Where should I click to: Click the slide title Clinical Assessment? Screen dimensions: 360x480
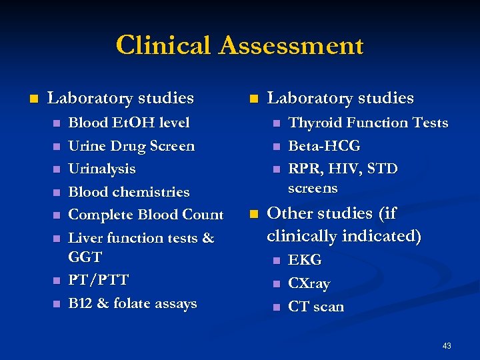pyautogui.click(x=239, y=46)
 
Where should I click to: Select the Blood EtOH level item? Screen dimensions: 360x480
pyautogui.click(x=129, y=123)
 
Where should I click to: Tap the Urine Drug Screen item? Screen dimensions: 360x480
pyautogui.click(x=131, y=146)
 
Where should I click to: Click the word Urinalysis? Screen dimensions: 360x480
pyautogui.click(x=102, y=169)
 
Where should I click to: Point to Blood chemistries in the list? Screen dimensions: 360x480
pyautogui.click(x=129, y=192)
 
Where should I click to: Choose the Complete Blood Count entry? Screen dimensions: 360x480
pyautogui.click(x=146, y=215)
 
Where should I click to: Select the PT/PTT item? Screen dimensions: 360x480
pyautogui.click(x=99, y=279)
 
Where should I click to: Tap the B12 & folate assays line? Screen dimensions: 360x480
pyautogui.click(x=133, y=303)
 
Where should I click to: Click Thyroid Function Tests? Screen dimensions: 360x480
pyautogui.click(x=367, y=123)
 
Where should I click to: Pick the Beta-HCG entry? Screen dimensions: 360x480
pyautogui.click(x=323, y=146)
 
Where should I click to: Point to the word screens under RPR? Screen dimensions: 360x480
pyautogui.click(x=313, y=188)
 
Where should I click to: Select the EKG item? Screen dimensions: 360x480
pyautogui.click(x=305, y=260)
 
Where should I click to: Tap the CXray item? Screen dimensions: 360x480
pyautogui.click(x=309, y=283)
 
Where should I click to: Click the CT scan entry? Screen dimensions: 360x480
pyautogui.click(x=315, y=307)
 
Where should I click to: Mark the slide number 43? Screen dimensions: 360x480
pyautogui.click(x=446, y=345)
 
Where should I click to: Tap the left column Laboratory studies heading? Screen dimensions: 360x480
pyautogui.click(x=121, y=98)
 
